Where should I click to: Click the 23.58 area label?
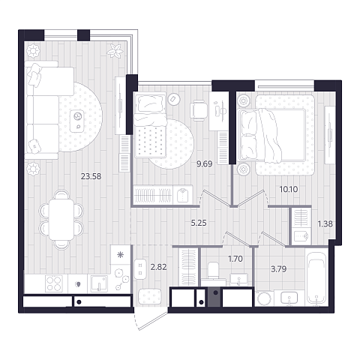91,176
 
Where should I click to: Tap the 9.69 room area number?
205,164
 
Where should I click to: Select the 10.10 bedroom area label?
289,189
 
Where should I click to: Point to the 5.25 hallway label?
199,223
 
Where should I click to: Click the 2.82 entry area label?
158,267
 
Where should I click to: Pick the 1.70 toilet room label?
235,259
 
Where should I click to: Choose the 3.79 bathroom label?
279,269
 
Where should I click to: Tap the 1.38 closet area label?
325,223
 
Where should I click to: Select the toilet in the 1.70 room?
213,271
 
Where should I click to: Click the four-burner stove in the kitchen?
54,283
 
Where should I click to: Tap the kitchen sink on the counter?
99,283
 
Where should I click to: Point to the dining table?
61,220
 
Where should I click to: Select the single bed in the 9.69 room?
150,124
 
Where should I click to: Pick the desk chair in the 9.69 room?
199,110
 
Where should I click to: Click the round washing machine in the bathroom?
264,298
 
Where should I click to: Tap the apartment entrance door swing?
150,321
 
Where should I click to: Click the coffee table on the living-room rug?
77,121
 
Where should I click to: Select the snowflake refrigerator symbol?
121,255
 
